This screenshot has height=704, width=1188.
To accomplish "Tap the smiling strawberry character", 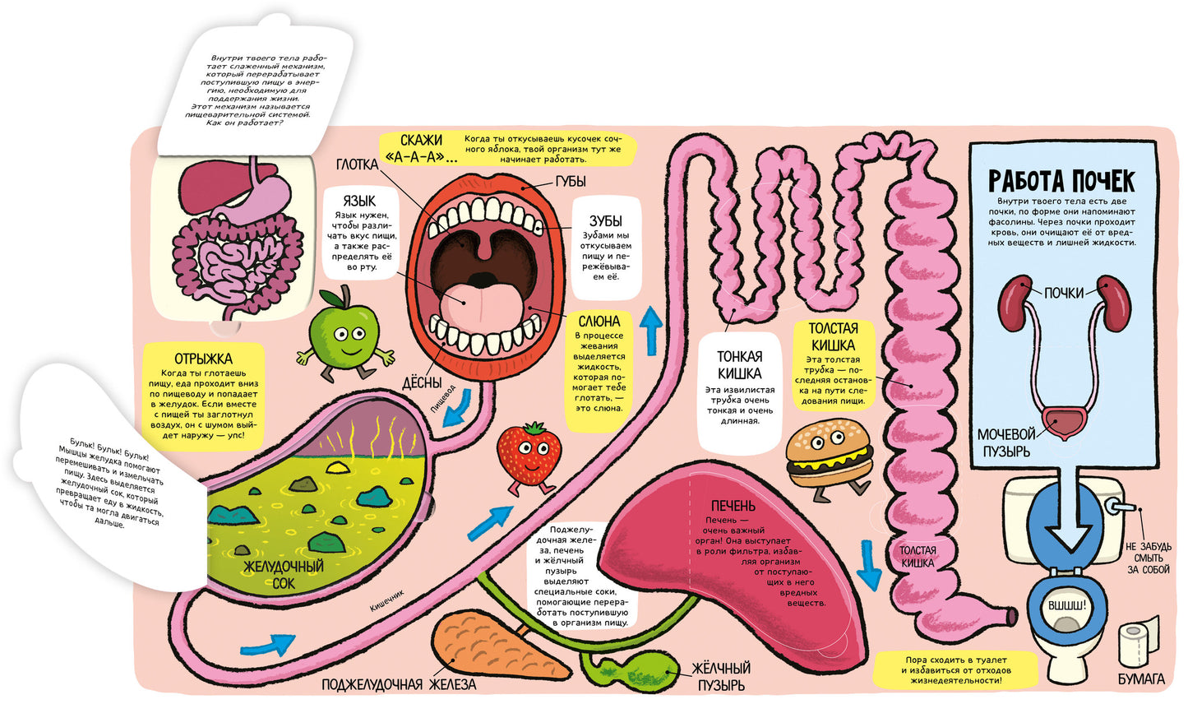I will tap(529, 456).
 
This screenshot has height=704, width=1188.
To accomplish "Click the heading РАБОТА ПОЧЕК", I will tap(1061, 181).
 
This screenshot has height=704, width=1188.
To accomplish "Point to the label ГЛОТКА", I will tap(357, 164).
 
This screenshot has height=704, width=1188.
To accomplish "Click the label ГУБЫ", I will tap(571, 182).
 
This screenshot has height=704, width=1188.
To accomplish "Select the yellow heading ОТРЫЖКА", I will tap(203, 359).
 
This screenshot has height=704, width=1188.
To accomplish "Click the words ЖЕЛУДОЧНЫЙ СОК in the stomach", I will tap(284, 574).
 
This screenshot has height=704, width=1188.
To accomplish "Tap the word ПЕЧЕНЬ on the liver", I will tap(733, 506).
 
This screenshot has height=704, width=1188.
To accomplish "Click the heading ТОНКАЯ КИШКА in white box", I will tap(739, 364).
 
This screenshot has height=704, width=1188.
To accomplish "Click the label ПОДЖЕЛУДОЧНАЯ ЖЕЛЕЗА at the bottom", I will tap(399, 684).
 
